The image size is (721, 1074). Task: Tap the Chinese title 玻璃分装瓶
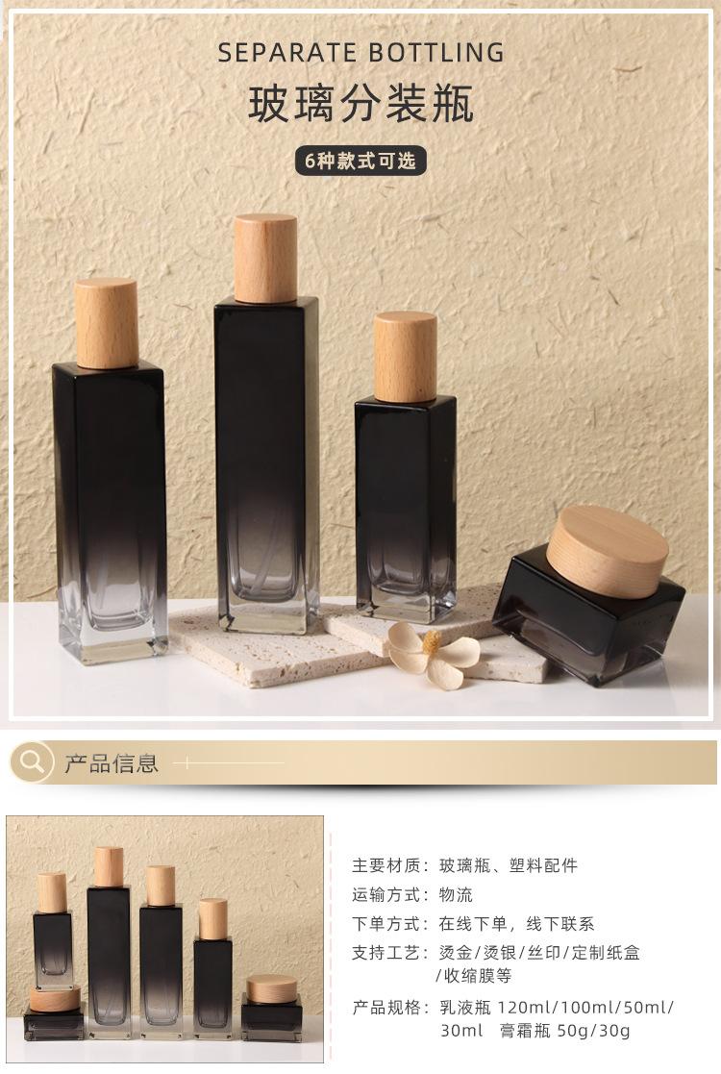[x=360, y=105]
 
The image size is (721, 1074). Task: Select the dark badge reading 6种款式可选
[x=360, y=161]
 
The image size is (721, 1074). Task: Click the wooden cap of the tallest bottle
[x=265, y=258]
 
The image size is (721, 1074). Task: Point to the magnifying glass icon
[x=32, y=763]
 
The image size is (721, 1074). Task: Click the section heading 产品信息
[x=111, y=764]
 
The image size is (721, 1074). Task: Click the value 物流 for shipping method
[x=456, y=894]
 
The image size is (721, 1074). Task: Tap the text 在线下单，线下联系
[x=516, y=923]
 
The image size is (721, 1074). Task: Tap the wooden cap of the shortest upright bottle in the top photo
[x=405, y=357]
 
